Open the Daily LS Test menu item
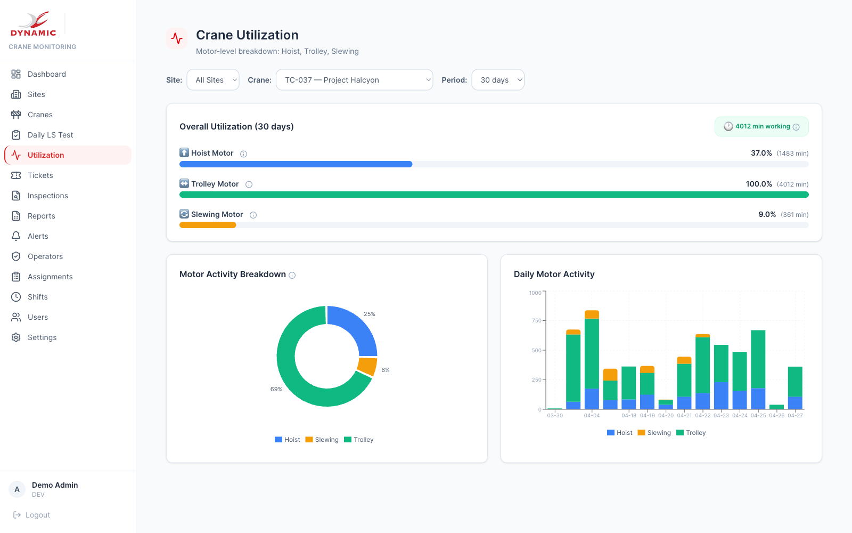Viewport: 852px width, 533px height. point(50,135)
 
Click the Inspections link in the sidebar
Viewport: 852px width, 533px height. point(47,196)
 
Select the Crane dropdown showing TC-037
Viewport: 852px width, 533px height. point(354,80)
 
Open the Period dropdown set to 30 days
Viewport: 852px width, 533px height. point(498,80)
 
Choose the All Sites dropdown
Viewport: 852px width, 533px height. point(213,80)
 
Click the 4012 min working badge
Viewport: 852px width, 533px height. point(761,126)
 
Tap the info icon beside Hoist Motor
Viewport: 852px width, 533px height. point(243,154)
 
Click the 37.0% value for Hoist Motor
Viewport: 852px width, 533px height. point(761,153)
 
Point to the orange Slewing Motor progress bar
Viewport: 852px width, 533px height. point(208,225)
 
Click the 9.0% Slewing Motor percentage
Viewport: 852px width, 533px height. point(767,214)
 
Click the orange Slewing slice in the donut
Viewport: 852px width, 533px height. point(367,367)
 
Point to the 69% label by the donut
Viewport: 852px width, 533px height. point(276,389)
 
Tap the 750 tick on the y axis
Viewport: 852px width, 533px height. point(536,320)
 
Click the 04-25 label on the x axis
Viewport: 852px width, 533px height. point(758,415)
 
